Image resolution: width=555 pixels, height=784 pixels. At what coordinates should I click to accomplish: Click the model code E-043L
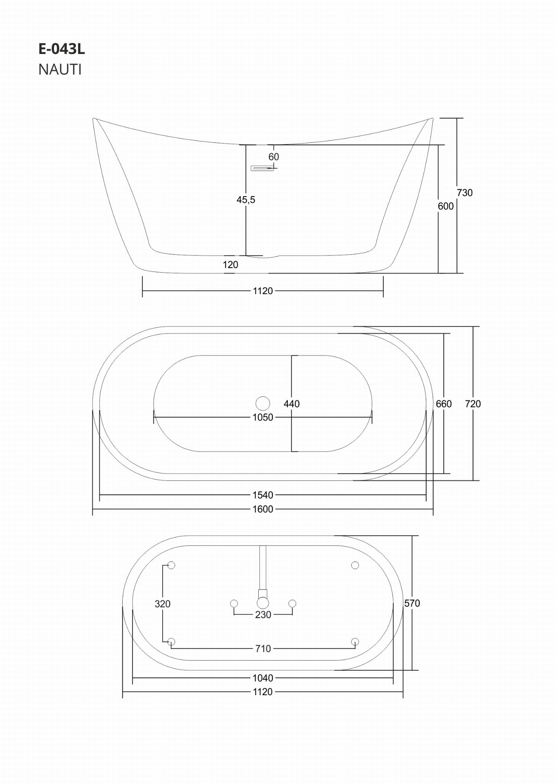coord(61,49)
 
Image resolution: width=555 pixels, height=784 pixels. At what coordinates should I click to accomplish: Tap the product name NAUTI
coord(60,70)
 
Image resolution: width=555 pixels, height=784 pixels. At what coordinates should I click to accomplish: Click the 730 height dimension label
coord(465,193)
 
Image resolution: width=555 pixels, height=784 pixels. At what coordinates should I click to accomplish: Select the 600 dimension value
coord(446,206)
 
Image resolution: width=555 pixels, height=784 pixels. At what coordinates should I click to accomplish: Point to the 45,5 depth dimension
coord(246,200)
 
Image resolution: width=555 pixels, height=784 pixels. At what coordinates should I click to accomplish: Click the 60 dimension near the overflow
coord(274,157)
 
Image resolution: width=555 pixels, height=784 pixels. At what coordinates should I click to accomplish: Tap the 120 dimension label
coord(230,265)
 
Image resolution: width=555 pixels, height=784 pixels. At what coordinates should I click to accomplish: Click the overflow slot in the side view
coord(262,168)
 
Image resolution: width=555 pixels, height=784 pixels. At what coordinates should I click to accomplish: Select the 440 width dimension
coord(292,404)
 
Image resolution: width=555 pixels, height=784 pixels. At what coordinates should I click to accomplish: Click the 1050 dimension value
coord(263,417)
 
